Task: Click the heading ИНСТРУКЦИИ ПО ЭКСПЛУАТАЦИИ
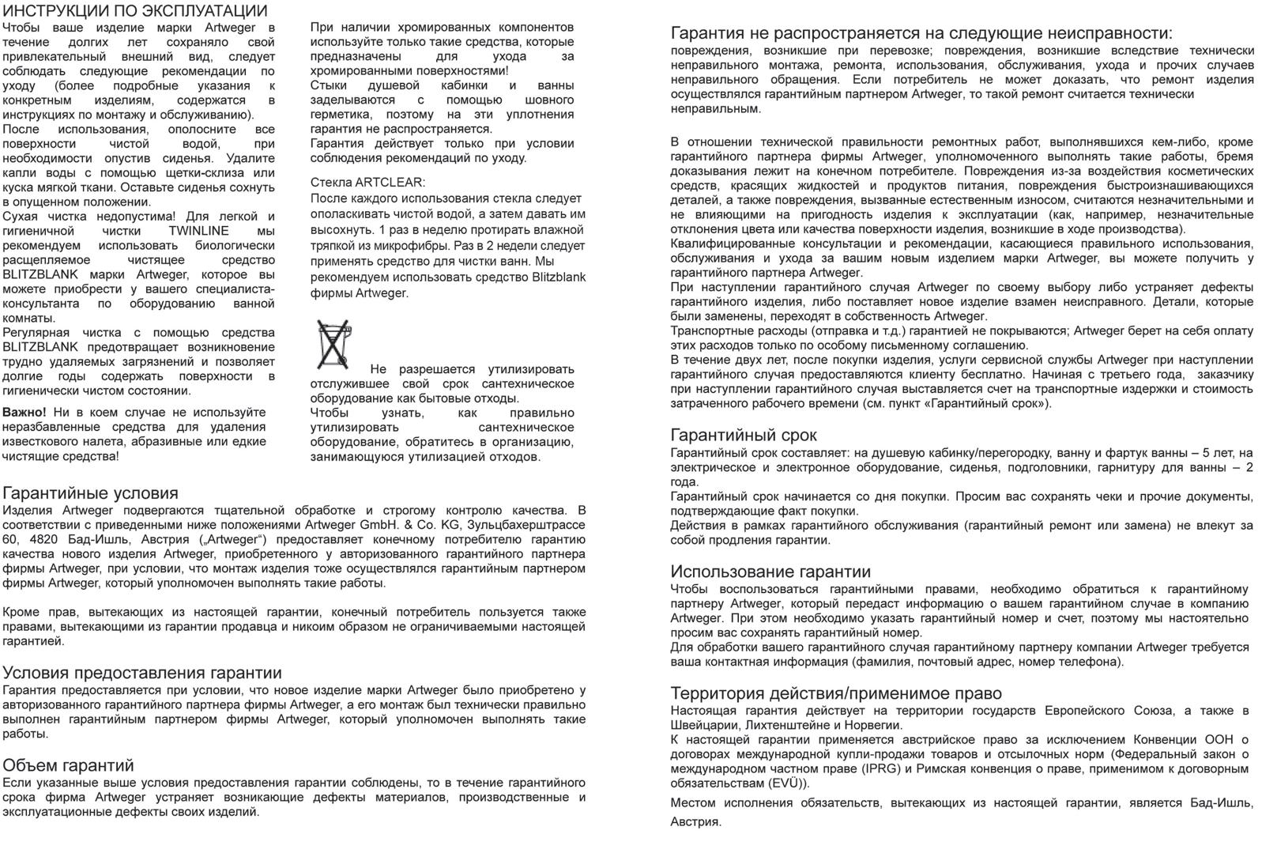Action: tap(135, 11)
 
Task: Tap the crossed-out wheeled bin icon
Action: tap(333, 345)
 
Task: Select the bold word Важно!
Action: tap(24, 413)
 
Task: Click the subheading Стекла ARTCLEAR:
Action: tap(367, 183)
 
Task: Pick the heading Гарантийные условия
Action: tap(90, 493)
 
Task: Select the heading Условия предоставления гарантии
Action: tap(142, 673)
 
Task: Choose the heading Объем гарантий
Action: tap(68, 765)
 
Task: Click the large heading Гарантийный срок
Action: tap(744, 435)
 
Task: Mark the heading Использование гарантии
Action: tap(770, 572)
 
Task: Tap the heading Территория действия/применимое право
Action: tap(836, 693)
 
